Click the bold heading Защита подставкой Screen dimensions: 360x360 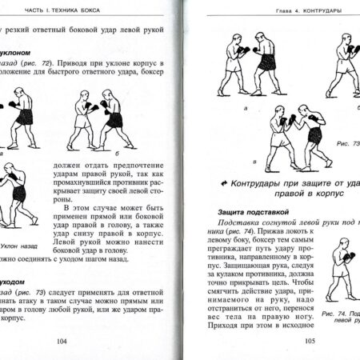(246, 211)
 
